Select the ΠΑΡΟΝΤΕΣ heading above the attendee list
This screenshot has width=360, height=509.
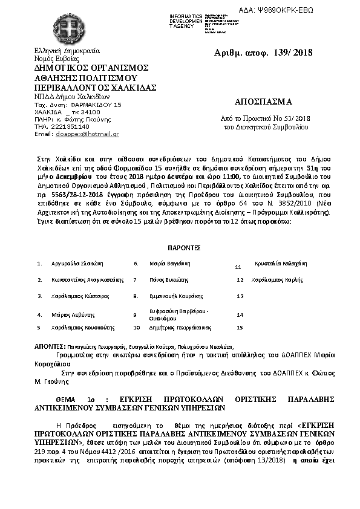184,248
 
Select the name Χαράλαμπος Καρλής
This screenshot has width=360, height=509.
277,280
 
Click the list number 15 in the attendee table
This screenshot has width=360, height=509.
240,327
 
